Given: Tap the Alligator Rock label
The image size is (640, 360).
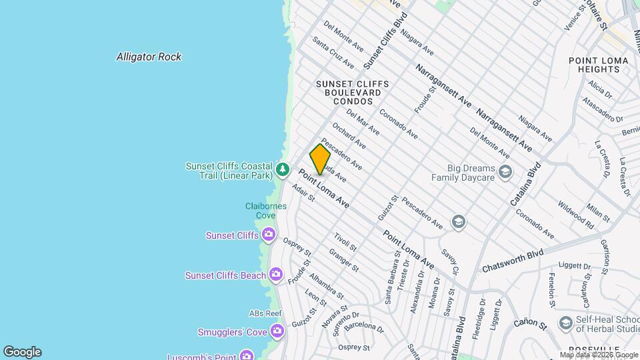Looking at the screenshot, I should (149, 57).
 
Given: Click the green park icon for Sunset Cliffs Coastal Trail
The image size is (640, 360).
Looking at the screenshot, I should (283, 170).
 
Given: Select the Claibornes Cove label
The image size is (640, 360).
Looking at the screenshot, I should (266, 211).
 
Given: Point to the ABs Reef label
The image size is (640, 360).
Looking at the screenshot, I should (266, 313).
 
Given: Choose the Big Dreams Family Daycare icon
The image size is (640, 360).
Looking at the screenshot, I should (505, 172).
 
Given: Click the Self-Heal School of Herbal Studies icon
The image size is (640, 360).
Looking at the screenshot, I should (565, 323).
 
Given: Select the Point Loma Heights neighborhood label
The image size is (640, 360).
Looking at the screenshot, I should (598, 65).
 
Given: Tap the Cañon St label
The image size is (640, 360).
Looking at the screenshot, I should (530, 323).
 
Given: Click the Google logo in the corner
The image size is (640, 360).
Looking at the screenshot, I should (22, 352).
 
